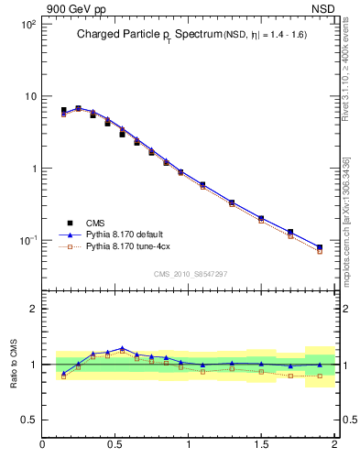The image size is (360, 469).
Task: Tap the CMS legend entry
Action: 95,223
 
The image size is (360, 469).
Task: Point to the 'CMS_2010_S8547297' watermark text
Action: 190,274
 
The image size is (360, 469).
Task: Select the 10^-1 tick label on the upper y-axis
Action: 27,241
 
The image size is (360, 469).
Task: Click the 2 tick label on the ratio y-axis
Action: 33,309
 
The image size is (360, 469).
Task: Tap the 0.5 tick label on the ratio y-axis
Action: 28,420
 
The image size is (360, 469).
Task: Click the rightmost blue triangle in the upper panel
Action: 320,247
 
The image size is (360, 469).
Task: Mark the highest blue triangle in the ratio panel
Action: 122,348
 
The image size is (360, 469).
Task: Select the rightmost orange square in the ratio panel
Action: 320,376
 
